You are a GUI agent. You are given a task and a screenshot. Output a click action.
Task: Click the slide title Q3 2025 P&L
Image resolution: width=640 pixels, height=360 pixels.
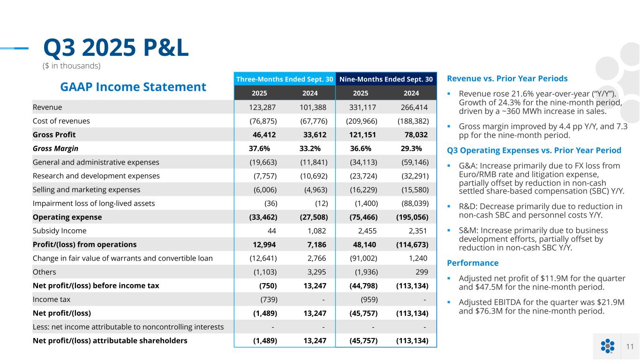(116, 48)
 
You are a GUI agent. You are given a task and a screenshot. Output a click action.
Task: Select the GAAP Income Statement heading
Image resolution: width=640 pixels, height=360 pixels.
(133, 87)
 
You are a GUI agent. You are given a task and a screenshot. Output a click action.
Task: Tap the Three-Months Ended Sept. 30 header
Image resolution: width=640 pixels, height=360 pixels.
(285, 79)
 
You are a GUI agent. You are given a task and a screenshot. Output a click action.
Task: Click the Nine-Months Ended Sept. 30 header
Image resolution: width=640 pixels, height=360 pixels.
(386, 79)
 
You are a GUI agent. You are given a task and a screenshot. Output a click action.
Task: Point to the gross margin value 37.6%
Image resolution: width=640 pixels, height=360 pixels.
(259, 149)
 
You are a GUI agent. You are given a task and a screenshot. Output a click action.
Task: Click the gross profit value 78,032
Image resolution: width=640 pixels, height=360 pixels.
(416, 135)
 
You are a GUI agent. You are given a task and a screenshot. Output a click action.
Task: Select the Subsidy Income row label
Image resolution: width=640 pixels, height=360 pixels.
(60, 231)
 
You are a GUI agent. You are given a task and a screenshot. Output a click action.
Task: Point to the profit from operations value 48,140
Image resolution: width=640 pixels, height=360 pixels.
(364, 244)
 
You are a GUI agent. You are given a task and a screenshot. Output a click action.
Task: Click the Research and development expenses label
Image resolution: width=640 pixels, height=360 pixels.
(96, 176)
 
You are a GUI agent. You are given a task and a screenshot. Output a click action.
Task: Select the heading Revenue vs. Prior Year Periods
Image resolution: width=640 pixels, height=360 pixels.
(507, 78)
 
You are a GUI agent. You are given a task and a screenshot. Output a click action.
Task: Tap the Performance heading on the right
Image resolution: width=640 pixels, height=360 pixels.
(473, 263)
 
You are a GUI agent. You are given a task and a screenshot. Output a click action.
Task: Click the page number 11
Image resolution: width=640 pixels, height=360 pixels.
(630, 346)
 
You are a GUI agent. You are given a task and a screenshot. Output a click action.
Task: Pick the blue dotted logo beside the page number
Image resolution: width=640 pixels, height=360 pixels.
(607, 346)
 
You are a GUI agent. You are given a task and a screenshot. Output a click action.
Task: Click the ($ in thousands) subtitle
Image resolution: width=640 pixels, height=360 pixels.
(71, 66)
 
